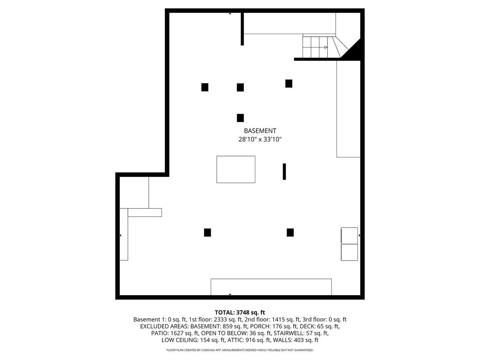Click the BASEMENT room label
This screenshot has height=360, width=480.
260,131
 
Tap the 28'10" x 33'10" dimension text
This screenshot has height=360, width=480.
260,139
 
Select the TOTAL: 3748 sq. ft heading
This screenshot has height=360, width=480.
240,312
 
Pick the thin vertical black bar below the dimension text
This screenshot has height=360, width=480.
284,172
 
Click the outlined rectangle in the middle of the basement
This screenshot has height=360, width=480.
236,169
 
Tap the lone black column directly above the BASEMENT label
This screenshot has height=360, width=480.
240,118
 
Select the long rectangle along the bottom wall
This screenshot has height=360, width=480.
271,287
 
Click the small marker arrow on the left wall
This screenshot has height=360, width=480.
120,235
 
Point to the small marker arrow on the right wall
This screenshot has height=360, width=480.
360,235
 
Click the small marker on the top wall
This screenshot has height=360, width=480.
230,13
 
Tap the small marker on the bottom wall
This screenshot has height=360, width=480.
230,294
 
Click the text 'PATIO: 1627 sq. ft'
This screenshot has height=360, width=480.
175,333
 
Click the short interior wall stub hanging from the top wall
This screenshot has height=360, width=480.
242,29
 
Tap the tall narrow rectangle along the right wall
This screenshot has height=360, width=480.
348,109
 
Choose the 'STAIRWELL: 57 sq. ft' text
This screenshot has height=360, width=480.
301,333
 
